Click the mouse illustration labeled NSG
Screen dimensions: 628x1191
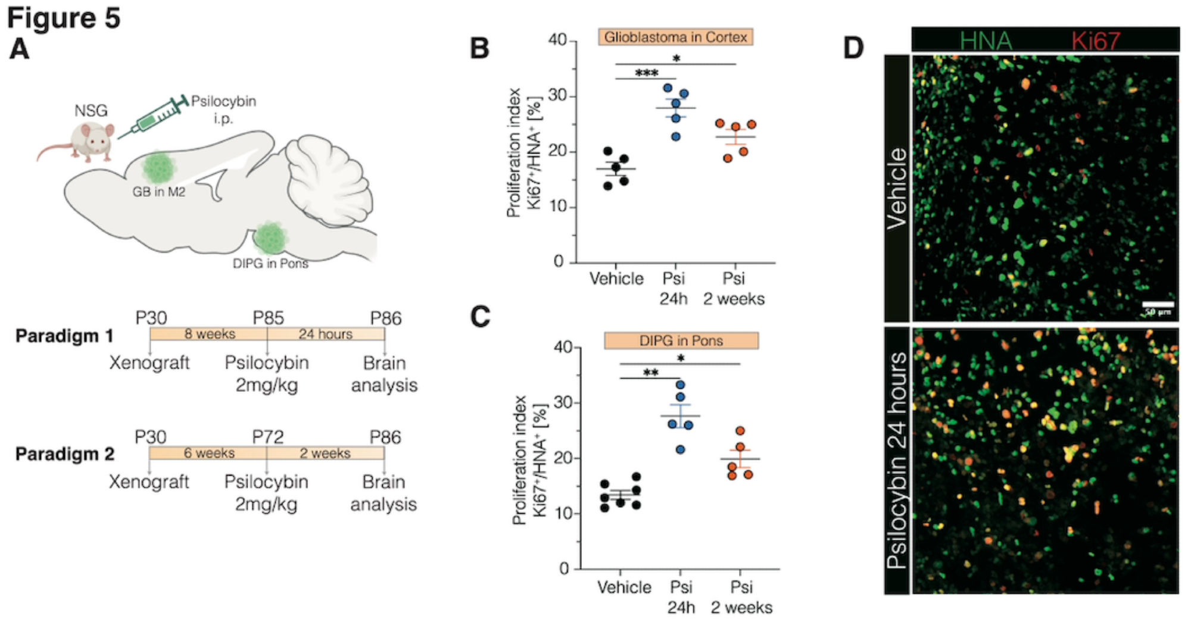(89, 142)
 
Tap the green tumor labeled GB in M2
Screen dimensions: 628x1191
(159, 167)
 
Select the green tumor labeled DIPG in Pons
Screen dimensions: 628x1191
(271, 236)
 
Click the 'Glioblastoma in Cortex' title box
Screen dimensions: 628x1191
(675, 37)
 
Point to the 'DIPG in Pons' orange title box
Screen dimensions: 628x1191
(681, 340)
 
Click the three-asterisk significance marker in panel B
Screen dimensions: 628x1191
(647, 73)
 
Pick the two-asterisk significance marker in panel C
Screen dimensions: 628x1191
(651, 373)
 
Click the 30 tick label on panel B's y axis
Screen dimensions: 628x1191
(557, 96)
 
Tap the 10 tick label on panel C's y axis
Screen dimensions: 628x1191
(563, 513)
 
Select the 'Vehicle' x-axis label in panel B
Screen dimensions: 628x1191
(616, 279)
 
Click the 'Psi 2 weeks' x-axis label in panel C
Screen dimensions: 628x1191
(741, 597)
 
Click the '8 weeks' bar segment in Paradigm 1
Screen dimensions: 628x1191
(209, 334)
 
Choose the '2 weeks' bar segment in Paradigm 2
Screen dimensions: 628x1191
(325, 454)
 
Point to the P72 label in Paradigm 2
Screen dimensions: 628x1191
(267, 438)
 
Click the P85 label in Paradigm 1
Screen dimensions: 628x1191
(268, 318)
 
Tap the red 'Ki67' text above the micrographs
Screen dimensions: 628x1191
(1096, 40)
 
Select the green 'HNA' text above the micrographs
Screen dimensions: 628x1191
(986, 40)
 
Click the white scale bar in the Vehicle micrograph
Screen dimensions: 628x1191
(1158, 305)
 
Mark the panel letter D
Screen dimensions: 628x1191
(853, 48)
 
